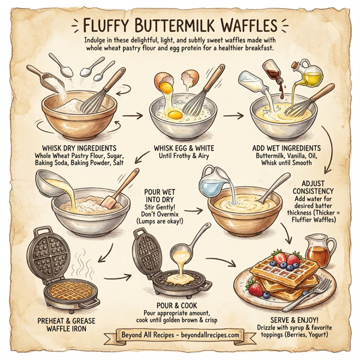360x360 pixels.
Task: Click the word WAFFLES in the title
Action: tap(240, 26)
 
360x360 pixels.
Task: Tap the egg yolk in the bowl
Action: tap(175, 113)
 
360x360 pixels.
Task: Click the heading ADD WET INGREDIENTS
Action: tap(286, 148)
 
